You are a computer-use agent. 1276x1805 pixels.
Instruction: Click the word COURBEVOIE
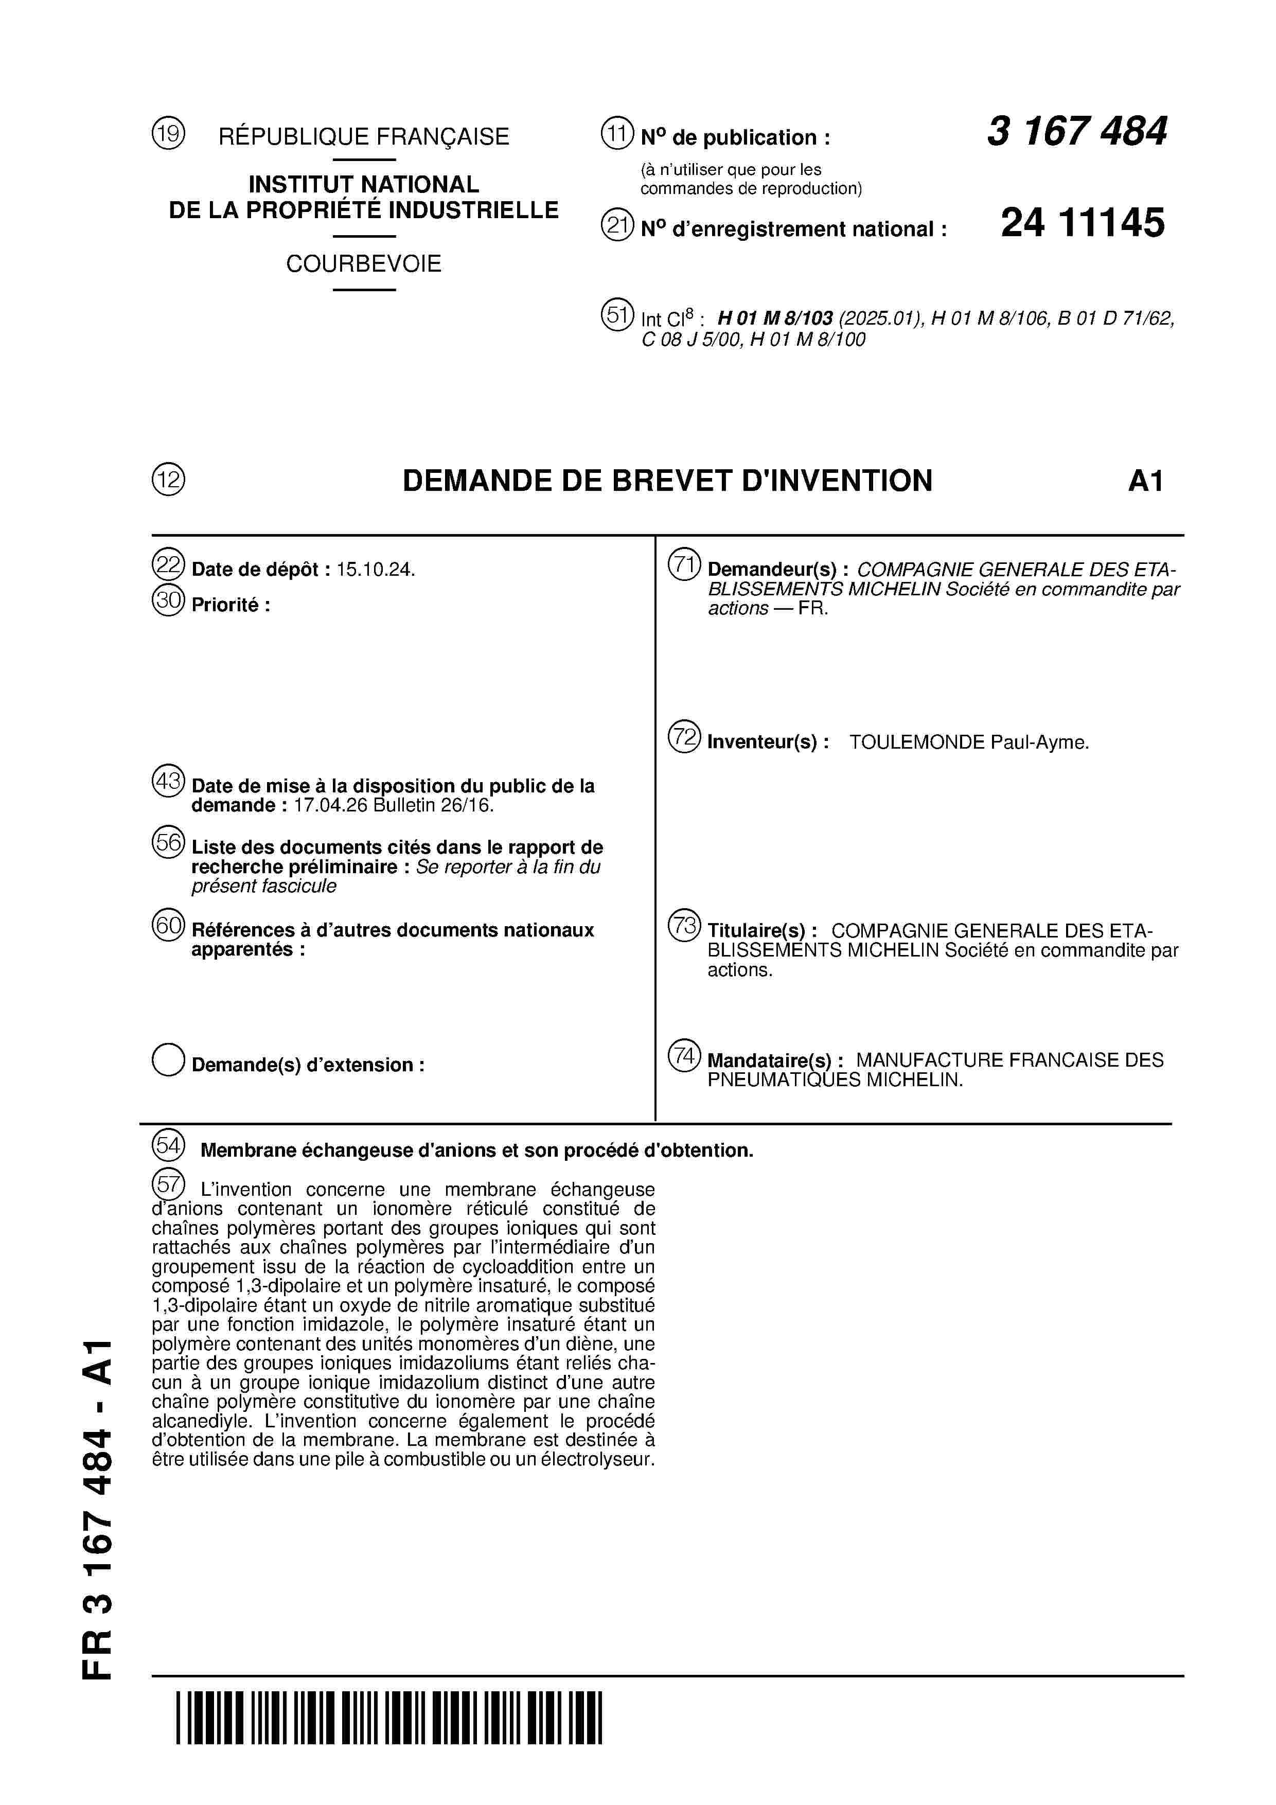pyautogui.click(x=363, y=264)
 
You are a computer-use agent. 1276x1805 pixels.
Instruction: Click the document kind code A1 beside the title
pyautogui.click(x=1145, y=481)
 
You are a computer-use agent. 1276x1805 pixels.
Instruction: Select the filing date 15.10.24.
pyautogui.click(x=375, y=570)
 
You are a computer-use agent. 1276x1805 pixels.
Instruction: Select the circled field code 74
pyautogui.click(x=684, y=1055)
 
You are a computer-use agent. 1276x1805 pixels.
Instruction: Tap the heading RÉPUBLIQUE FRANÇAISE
pyautogui.click(x=363, y=137)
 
